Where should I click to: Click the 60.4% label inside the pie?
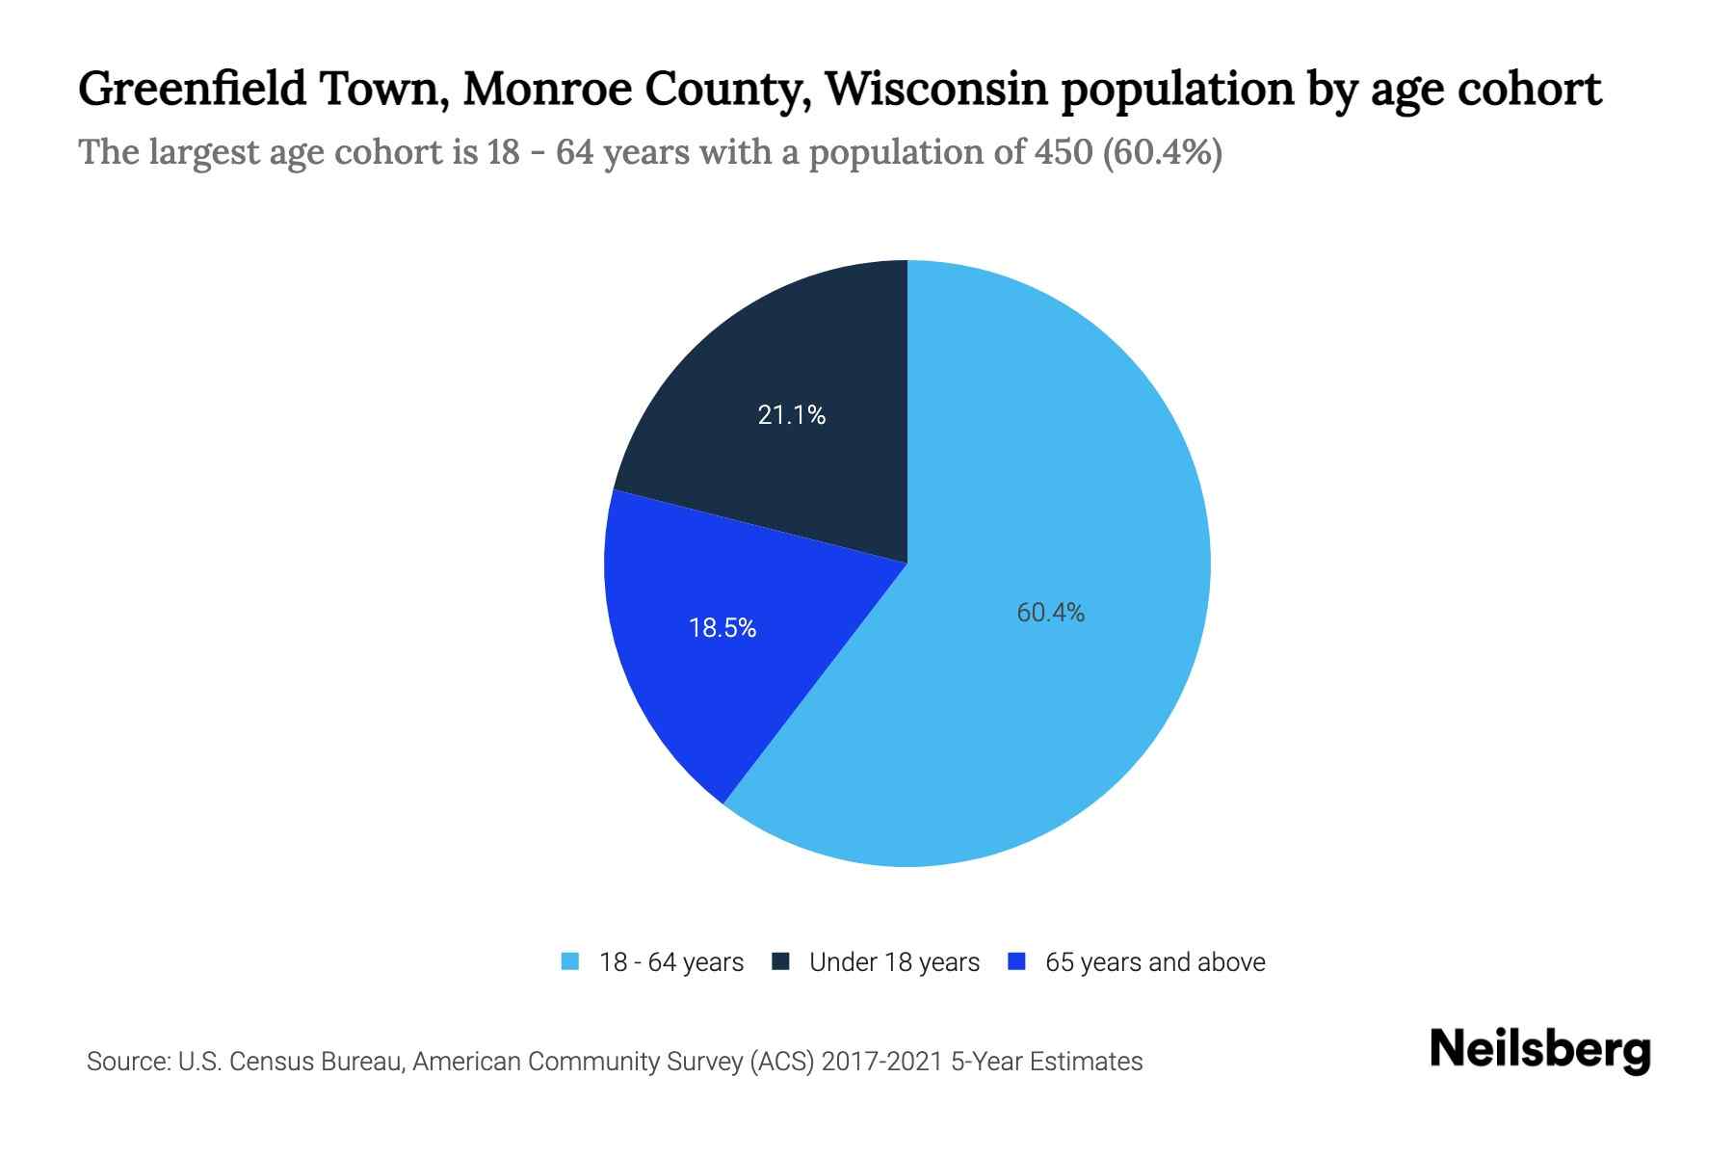click(x=1050, y=613)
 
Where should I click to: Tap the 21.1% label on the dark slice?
click(x=791, y=415)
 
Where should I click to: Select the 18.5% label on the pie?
click(x=722, y=628)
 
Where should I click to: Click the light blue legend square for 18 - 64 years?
click(x=570, y=961)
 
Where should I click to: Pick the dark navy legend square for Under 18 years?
click(x=780, y=961)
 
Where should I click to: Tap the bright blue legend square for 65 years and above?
click(x=1015, y=961)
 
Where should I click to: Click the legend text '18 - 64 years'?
click(x=670, y=962)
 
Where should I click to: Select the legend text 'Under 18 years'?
click(x=894, y=962)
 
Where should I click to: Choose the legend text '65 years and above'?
click(x=1154, y=962)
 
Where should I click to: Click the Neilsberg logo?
click(x=1539, y=1051)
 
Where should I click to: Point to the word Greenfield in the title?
click(x=192, y=89)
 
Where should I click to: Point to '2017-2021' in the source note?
click(x=881, y=1062)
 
